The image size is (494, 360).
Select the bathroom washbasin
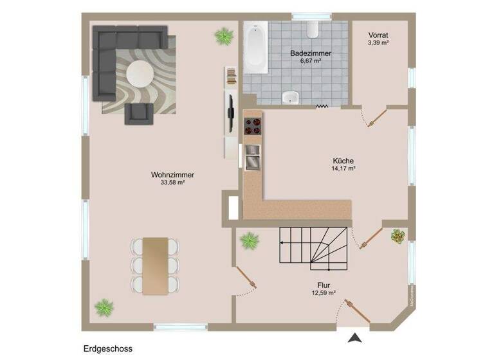pyautogui.click(x=291, y=98)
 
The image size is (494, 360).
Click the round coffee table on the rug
pyautogui.click(x=140, y=75)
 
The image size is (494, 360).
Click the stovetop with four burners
pyautogui.click(x=252, y=127)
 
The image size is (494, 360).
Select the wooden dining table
pyautogui.click(x=155, y=264)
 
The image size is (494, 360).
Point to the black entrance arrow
pyautogui.click(x=353, y=337)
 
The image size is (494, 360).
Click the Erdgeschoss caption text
pyautogui.click(x=107, y=349)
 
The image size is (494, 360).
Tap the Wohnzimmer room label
pyautogui.click(x=172, y=175)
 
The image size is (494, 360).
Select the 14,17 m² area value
pyautogui.click(x=343, y=169)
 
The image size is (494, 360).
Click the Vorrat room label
pyautogui.click(x=379, y=35)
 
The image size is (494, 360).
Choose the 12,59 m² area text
pyautogui.click(x=324, y=293)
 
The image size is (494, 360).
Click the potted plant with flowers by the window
pyautogui.click(x=398, y=236)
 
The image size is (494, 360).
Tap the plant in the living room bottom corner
pyautogui.click(x=104, y=307)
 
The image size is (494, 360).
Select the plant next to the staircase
pyautogui.click(x=250, y=241)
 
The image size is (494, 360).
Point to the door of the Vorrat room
pyautogui.click(x=374, y=118)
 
